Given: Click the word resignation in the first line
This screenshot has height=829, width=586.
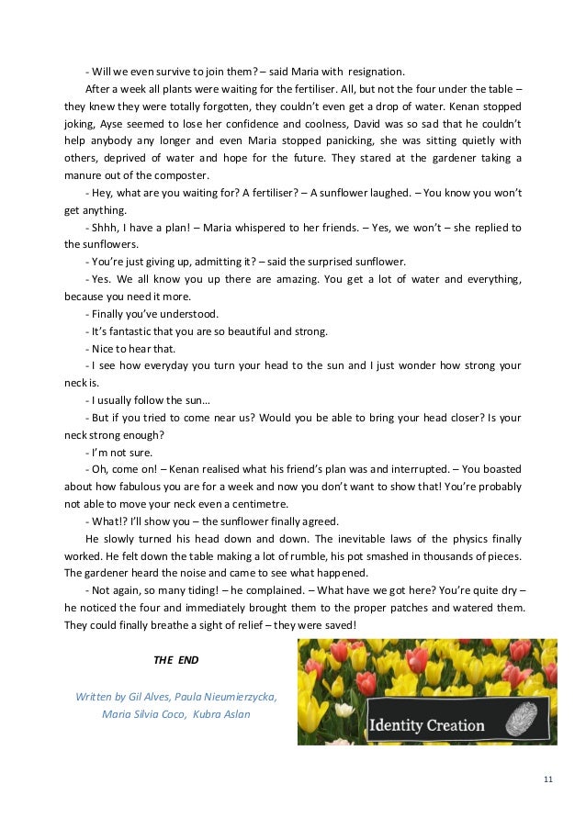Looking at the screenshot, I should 375,73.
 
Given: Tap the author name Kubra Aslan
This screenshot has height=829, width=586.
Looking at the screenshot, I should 226,713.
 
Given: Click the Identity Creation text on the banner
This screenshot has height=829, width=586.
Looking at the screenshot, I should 426,725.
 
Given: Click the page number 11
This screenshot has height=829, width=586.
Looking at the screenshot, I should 548,779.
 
